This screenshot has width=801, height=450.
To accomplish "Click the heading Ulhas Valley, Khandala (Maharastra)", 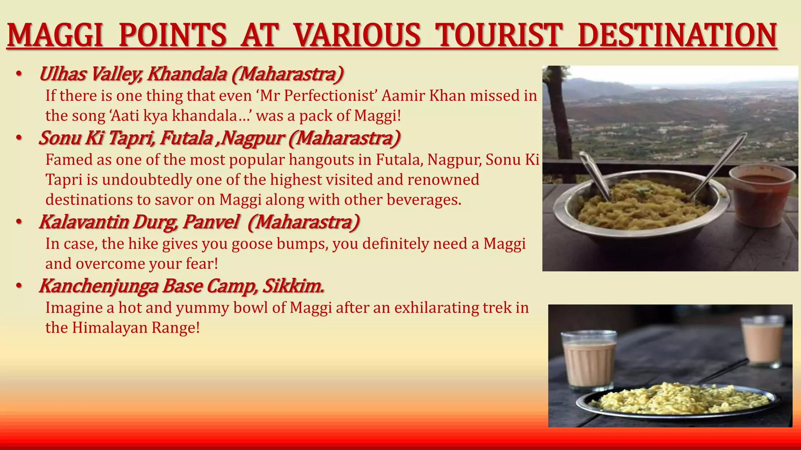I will (x=191, y=74).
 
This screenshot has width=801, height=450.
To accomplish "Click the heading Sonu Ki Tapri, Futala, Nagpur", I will (x=219, y=138).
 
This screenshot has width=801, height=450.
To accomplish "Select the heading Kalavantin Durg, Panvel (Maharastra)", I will (x=199, y=222).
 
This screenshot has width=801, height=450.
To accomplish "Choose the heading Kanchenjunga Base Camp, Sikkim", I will (x=182, y=286).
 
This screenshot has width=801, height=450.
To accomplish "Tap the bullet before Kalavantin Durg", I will (x=19, y=222).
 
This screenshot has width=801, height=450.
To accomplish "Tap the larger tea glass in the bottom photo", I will (x=589, y=361).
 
